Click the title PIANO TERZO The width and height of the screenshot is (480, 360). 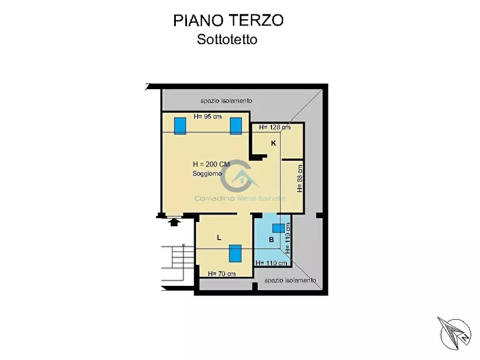click(x=228, y=20)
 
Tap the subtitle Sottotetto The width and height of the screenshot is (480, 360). click(x=227, y=39)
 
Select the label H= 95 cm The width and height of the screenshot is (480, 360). click(x=207, y=117)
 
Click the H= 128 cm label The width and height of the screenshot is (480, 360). click(x=275, y=127)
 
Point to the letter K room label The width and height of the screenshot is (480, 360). click(x=274, y=143)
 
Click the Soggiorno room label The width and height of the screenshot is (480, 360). click(x=207, y=174)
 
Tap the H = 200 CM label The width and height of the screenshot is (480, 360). click(x=211, y=164)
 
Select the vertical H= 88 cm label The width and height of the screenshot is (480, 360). click(x=300, y=178)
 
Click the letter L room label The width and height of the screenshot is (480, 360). click(x=219, y=237)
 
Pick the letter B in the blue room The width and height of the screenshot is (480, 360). click(x=271, y=240)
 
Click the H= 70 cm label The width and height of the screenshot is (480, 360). click(x=221, y=273)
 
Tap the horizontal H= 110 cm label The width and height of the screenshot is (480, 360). click(x=271, y=263)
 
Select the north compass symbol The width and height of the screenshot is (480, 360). click(x=455, y=333)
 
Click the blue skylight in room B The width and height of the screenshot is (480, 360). click(x=278, y=228)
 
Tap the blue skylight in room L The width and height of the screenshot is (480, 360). click(x=235, y=253)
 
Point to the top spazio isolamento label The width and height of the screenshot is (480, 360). click(x=226, y=100)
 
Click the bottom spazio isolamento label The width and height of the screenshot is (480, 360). click(x=290, y=280)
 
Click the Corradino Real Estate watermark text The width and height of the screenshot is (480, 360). click(x=240, y=198)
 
